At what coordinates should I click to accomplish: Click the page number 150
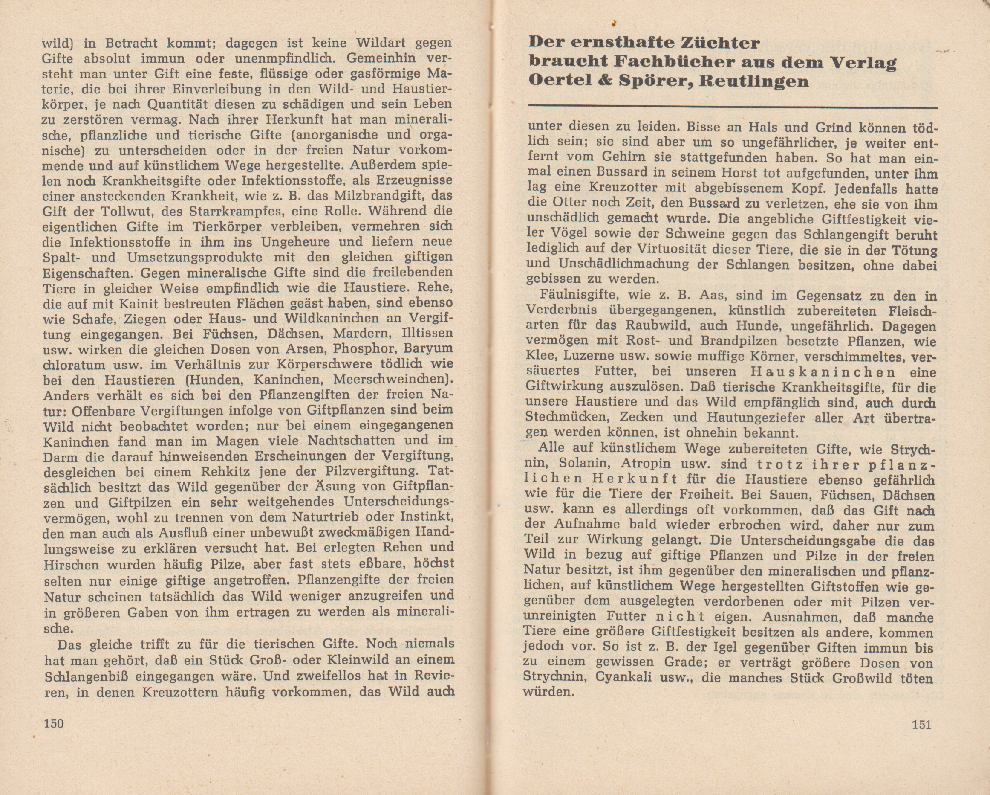[x=53, y=723]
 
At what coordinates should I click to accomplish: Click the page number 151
[x=921, y=725]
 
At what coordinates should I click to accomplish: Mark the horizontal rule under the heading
[x=733, y=107]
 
